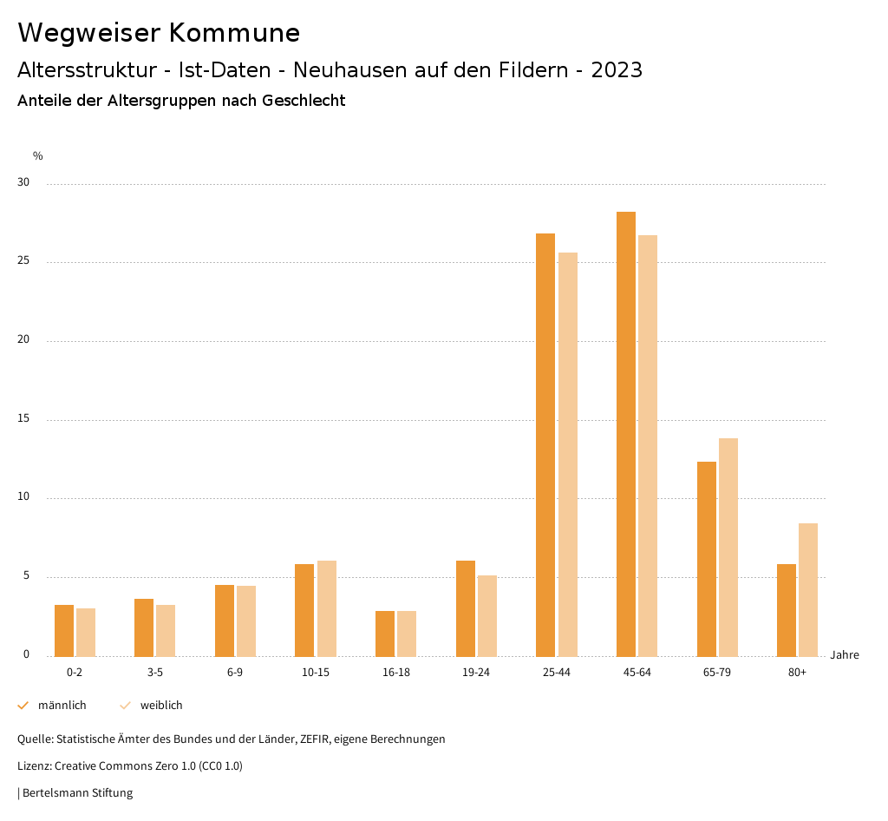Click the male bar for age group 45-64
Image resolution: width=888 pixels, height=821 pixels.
pyautogui.click(x=626, y=434)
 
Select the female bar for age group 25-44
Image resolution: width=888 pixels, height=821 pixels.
pyautogui.click(x=568, y=454)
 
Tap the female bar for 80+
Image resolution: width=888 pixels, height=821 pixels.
pyautogui.click(x=808, y=589)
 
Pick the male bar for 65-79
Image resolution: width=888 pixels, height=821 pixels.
pyautogui.click(x=707, y=559)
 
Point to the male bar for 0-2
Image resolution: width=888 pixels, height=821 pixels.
pyautogui.click(x=64, y=630)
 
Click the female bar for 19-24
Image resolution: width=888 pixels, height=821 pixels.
pyautogui.click(x=487, y=615)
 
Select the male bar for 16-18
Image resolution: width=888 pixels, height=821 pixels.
pyautogui.click(x=385, y=634)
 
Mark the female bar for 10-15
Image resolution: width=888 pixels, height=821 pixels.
pyautogui.click(x=327, y=608)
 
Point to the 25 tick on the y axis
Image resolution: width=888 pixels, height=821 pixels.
pyautogui.click(x=23, y=261)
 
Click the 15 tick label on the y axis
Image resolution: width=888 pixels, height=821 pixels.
pyautogui.click(x=23, y=419)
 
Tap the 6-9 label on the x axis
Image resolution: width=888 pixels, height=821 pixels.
pyautogui.click(x=235, y=673)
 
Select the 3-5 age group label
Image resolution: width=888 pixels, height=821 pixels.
pyautogui.click(x=155, y=673)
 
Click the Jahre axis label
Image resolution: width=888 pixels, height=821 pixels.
pyautogui.click(x=845, y=655)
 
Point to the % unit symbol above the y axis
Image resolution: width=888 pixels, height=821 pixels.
pyautogui.click(x=38, y=156)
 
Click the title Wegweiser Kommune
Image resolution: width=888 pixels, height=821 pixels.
pyautogui.click(x=159, y=33)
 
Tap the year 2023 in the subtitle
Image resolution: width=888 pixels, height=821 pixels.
pyautogui.click(x=617, y=70)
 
